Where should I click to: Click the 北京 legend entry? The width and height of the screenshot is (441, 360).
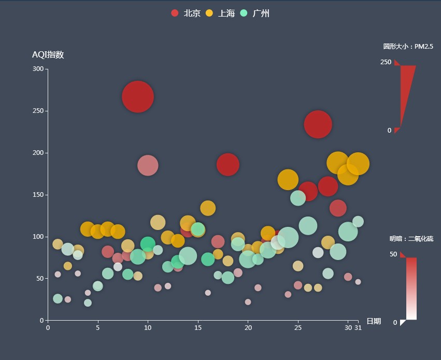click(x=186, y=13)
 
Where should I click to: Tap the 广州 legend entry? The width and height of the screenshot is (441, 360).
click(x=254, y=13)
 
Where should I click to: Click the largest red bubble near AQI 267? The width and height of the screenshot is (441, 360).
click(x=138, y=97)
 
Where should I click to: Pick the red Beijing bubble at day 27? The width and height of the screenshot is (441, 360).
click(x=318, y=124)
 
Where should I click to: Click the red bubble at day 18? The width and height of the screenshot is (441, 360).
click(x=227, y=164)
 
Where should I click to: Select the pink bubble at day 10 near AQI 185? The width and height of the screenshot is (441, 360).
click(x=148, y=165)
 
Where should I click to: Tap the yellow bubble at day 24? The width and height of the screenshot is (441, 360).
click(x=288, y=180)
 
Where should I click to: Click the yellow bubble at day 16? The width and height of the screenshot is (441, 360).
click(x=208, y=208)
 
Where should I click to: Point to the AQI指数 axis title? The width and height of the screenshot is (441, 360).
click(x=48, y=55)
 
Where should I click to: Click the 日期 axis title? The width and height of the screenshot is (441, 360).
click(x=373, y=321)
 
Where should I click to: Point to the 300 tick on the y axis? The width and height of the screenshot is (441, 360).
click(x=38, y=69)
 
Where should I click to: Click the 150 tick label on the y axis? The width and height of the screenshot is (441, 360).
click(x=38, y=195)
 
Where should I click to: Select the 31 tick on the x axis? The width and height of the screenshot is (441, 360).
click(x=358, y=327)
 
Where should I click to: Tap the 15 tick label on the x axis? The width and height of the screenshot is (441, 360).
click(x=198, y=327)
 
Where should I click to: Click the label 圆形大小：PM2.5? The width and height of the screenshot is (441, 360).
click(x=408, y=47)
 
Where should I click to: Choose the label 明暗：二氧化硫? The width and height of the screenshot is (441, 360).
click(x=411, y=239)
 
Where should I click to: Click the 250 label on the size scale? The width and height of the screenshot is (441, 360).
click(x=386, y=62)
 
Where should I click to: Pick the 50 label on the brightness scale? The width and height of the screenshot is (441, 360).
click(x=393, y=254)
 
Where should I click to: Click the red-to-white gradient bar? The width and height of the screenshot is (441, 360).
click(x=411, y=289)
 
